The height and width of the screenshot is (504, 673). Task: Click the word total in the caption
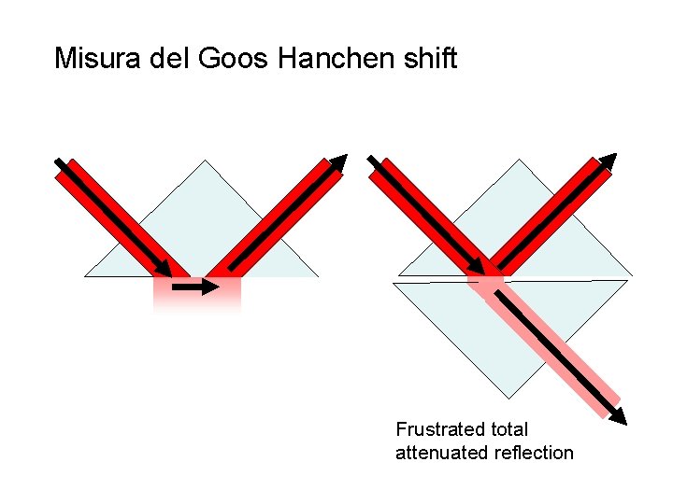click(x=507, y=429)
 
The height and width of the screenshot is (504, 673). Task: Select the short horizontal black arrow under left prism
click(x=196, y=288)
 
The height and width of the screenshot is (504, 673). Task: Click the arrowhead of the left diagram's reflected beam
click(x=338, y=162)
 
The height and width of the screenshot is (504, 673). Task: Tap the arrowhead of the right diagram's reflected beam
click(x=609, y=161)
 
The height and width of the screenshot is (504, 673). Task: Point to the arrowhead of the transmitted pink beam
click(x=618, y=415)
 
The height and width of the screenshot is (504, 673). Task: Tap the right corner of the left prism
click(x=318, y=276)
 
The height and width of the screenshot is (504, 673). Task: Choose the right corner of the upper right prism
click(x=632, y=275)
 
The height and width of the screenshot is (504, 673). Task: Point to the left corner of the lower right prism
click(x=394, y=283)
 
